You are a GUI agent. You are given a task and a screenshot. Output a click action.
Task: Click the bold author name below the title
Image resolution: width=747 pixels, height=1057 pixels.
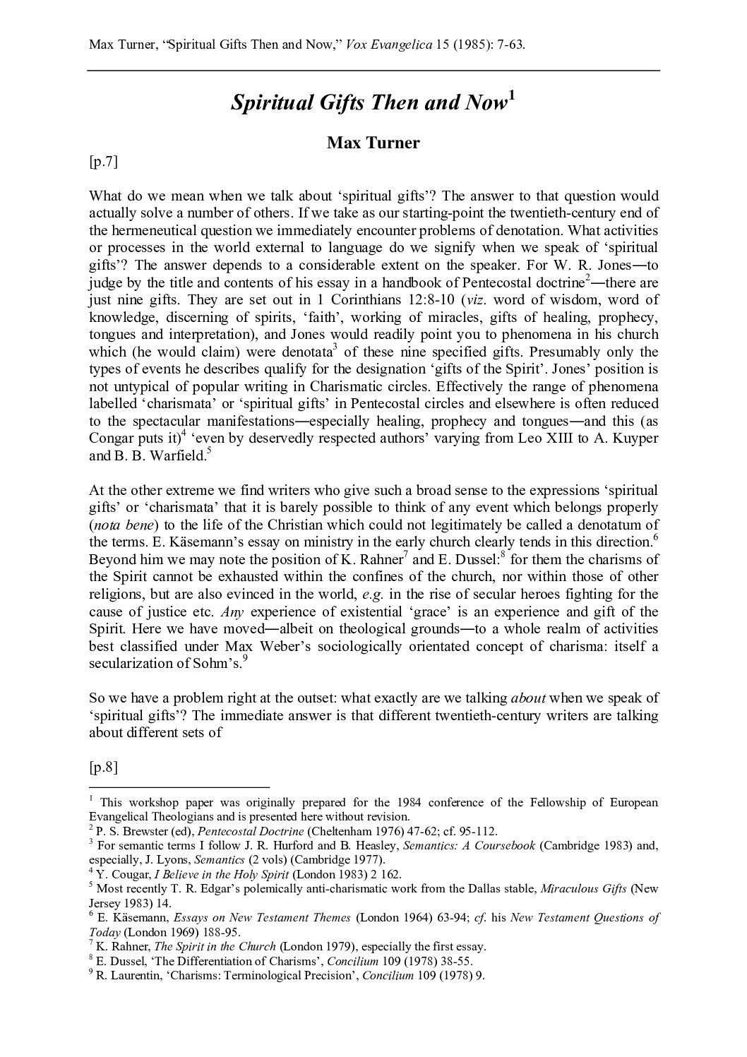click(373, 143)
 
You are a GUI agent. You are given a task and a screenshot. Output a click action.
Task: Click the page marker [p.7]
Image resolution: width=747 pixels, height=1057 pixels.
click(103, 162)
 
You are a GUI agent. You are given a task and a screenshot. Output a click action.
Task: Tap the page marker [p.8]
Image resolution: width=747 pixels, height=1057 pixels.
click(103, 768)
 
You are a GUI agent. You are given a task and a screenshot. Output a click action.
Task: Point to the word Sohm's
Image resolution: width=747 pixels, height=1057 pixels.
click(215, 664)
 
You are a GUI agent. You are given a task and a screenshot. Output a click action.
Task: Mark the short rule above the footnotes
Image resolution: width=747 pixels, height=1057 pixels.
click(179, 787)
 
